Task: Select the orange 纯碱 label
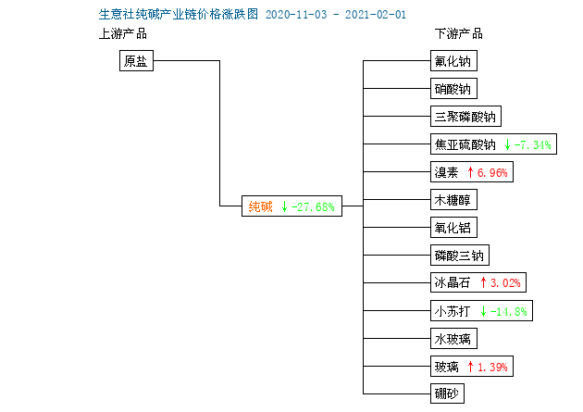coord(260,206)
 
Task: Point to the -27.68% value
coord(313,206)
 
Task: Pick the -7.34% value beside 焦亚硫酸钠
coord(532,144)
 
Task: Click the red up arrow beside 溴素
coord(470,172)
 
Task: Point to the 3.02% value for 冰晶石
coord(505,283)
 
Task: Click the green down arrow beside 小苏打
coord(483,311)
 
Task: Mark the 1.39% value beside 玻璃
coord(492,367)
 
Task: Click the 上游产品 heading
coord(123,34)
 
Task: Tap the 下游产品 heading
coord(459,34)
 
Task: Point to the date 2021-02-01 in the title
coord(376,15)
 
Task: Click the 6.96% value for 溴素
coord(492,172)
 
